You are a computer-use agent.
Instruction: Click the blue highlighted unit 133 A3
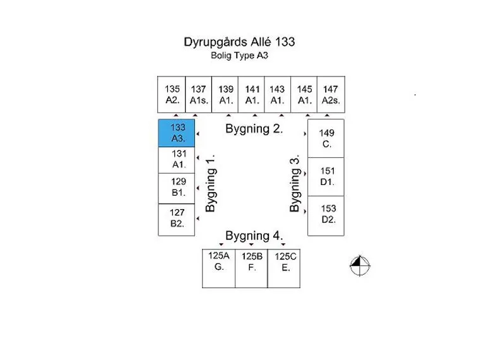coord(176,133)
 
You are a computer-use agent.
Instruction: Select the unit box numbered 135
coord(172,95)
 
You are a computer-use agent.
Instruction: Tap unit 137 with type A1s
coord(198,95)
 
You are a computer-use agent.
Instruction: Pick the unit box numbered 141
coord(251,95)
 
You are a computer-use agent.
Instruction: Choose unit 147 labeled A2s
coord(331,95)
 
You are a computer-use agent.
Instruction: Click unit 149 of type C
coord(326,138)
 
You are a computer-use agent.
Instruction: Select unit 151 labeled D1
coord(326,177)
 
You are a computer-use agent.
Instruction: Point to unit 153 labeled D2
coord(326,216)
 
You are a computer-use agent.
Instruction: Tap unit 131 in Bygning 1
coord(176,160)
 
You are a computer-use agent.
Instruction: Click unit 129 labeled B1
coord(176,189)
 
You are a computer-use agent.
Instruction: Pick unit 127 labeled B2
coord(176,220)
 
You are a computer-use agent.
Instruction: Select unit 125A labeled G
coord(218,268)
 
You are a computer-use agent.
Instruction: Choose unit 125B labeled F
coord(251,268)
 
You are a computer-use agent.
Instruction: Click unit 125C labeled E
coord(284,268)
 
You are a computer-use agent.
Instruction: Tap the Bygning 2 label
coord(254,129)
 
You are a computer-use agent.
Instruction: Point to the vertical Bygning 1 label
coord(210,183)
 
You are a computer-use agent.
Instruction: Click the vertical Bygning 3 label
coord(295,183)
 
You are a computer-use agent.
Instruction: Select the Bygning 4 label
coord(254,236)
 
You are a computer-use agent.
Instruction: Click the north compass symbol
coord(360,266)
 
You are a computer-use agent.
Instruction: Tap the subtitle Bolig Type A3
coord(239,56)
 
